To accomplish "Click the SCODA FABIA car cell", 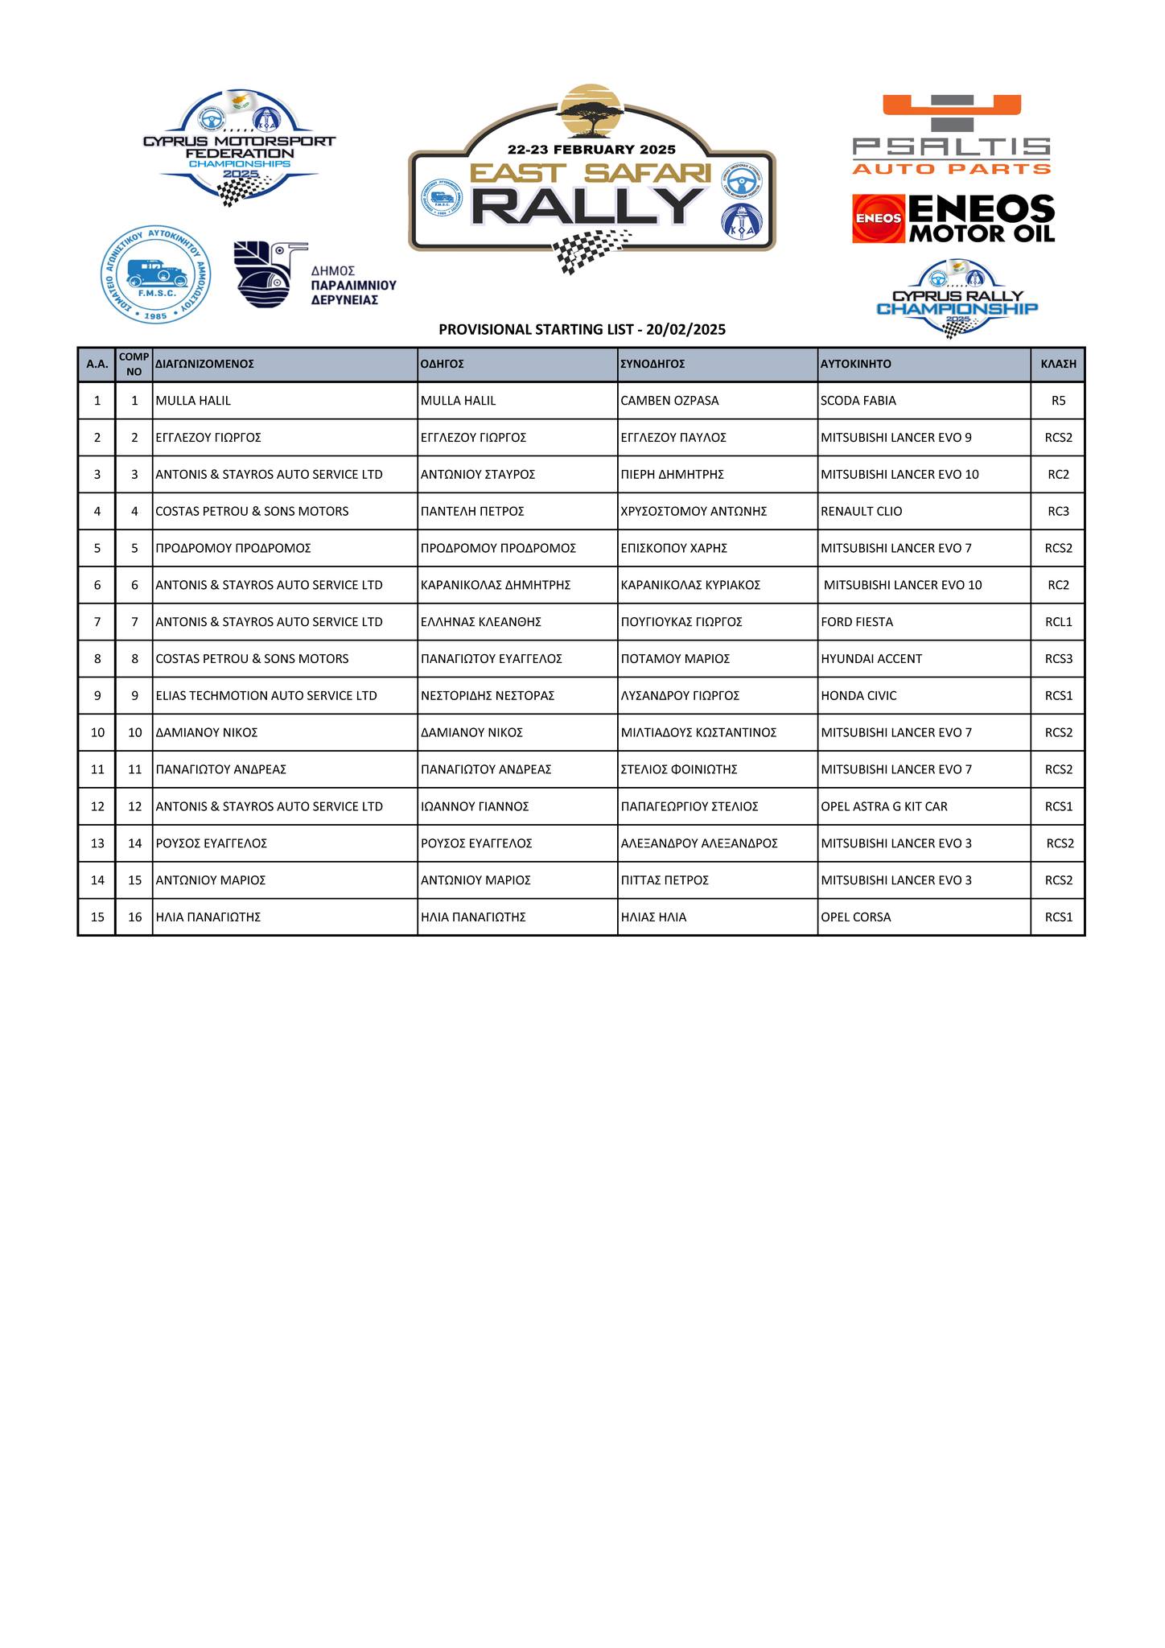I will (x=858, y=401).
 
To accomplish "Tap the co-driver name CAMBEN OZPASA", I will (x=669, y=401).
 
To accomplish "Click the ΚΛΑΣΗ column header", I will (x=1058, y=364).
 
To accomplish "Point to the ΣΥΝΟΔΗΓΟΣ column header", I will (x=652, y=364).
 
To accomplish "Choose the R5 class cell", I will (x=1058, y=401).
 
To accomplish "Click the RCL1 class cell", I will (x=1058, y=622).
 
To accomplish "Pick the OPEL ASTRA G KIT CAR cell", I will (x=883, y=806).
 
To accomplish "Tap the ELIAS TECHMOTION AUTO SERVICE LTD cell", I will (x=266, y=695).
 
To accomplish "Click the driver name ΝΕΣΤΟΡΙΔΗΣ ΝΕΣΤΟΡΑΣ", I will (x=487, y=695).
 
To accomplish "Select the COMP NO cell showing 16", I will (x=134, y=917).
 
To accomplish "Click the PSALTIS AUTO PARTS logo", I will (x=952, y=135).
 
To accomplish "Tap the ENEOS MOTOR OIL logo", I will (x=953, y=219).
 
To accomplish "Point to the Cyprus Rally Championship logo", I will (x=957, y=299).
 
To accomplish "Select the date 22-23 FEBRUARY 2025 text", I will (x=591, y=150).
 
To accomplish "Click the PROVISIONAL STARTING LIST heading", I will (x=582, y=329).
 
